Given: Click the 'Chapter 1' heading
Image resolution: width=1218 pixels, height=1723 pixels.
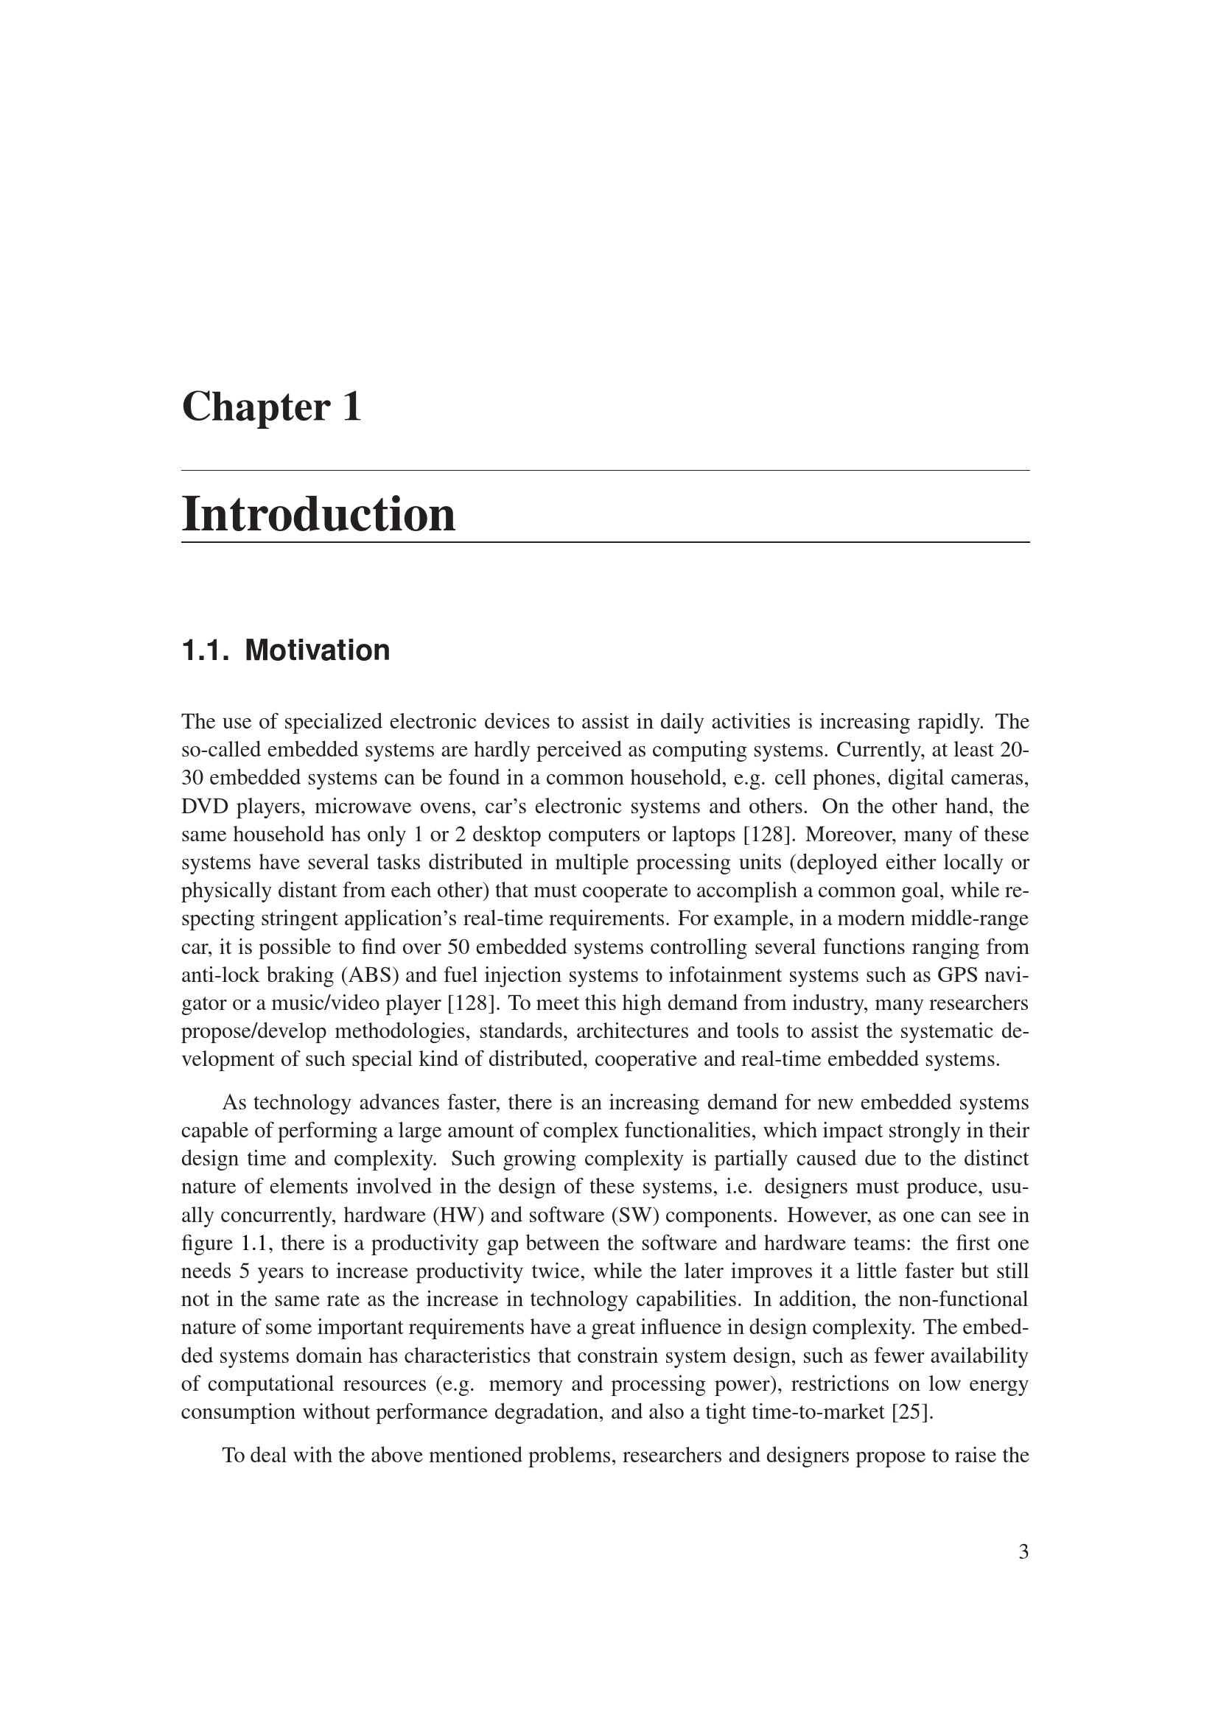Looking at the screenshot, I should (x=272, y=407).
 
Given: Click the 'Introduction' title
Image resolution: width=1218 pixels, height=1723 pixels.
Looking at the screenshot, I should (x=318, y=516).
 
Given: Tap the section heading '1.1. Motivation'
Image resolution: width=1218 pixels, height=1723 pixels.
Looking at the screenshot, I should (x=285, y=650).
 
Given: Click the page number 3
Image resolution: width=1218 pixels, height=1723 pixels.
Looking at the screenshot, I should (x=1023, y=1552).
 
